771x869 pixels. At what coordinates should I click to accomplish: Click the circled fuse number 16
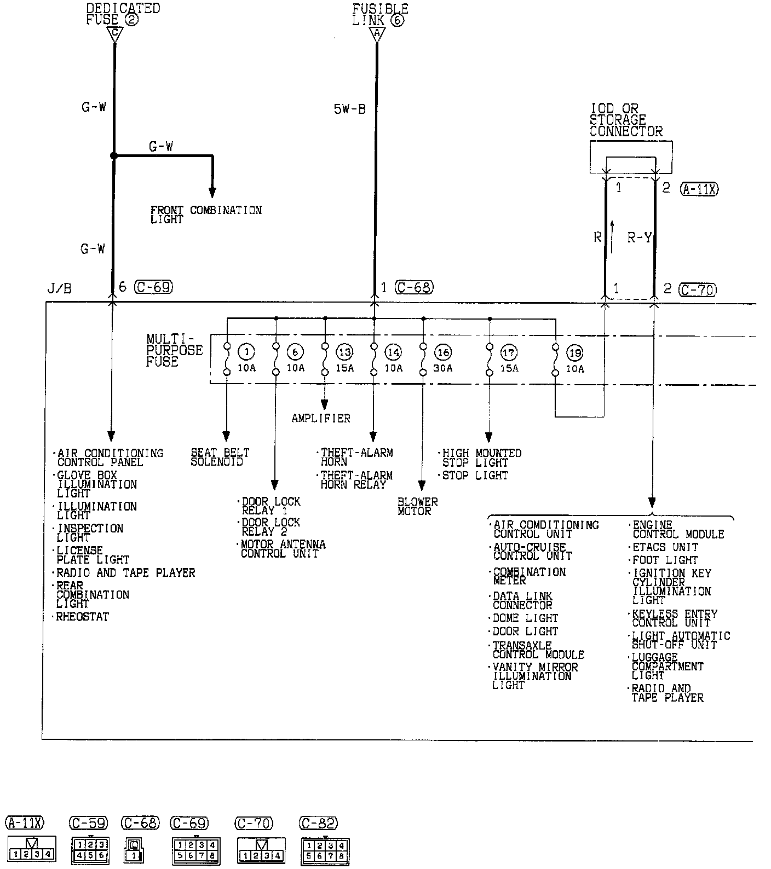click(x=443, y=352)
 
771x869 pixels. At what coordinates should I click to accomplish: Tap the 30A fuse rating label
click(x=443, y=368)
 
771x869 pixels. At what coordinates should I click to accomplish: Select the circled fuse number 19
click(x=574, y=353)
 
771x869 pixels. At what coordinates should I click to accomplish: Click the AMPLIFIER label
click(x=320, y=419)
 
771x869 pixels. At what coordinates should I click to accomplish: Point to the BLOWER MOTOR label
click(x=417, y=506)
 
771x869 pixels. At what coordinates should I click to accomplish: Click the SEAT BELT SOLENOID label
click(x=220, y=457)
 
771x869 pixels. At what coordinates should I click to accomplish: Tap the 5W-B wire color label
click(x=349, y=109)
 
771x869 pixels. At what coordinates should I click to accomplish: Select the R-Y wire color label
click(x=639, y=237)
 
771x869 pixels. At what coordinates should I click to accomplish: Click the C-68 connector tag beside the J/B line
click(x=415, y=287)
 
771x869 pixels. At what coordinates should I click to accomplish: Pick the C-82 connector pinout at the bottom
click(x=325, y=851)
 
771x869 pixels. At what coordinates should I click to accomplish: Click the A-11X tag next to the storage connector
click(x=699, y=189)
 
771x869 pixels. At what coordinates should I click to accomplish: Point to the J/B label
click(x=59, y=288)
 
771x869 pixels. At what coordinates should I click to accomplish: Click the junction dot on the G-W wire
click(x=114, y=156)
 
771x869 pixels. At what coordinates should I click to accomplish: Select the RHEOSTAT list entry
click(x=83, y=617)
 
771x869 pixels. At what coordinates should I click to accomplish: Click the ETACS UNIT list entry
click(x=665, y=547)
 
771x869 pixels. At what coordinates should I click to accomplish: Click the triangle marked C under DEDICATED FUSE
click(x=114, y=34)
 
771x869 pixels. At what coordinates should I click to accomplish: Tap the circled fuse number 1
click(x=246, y=352)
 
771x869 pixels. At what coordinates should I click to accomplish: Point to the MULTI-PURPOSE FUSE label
click(x=174, y=350)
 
